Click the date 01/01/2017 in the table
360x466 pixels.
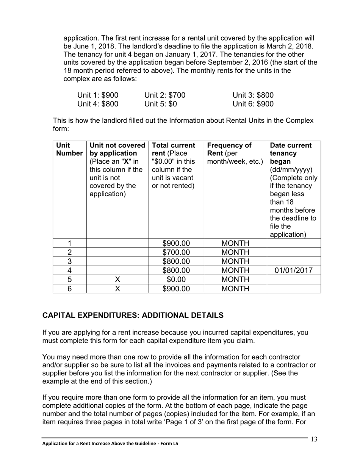[294, 271]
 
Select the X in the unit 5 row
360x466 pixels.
[117, 280]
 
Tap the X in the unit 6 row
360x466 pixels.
[117, 289]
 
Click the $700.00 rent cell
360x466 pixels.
[176, 252]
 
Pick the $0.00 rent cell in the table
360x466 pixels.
[176, 280]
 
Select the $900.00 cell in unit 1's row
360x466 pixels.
[176, 243]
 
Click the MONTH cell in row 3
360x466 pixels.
[235, 261]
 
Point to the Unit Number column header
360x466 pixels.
[69, 149]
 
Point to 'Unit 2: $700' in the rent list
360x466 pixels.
[165, 95]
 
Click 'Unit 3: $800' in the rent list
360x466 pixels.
[253, 95]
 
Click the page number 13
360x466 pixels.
[314, 439]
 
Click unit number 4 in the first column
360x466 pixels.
[69, 271]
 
